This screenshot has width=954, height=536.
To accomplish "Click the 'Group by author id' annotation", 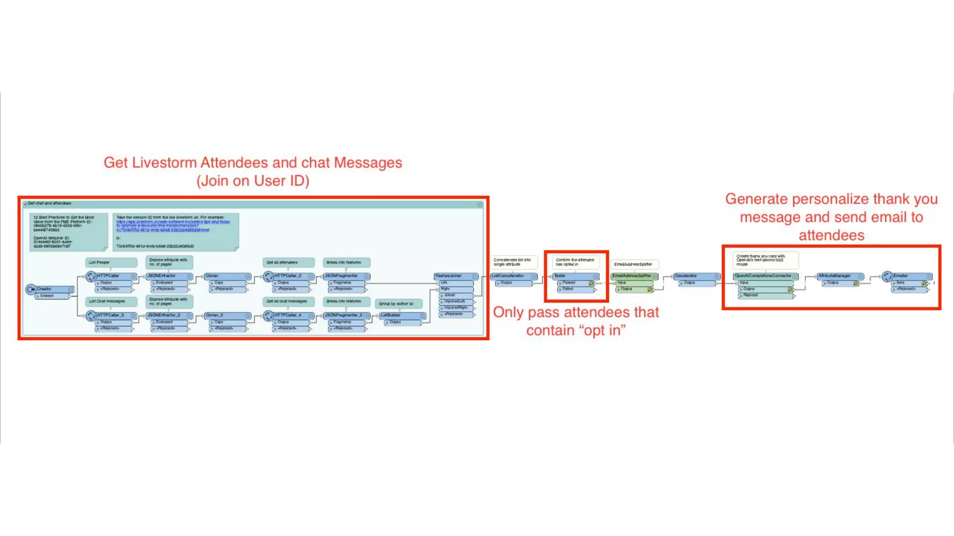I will (396, 304).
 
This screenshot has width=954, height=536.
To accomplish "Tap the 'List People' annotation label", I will (100, 262).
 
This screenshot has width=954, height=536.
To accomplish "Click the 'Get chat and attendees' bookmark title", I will (49, 203).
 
